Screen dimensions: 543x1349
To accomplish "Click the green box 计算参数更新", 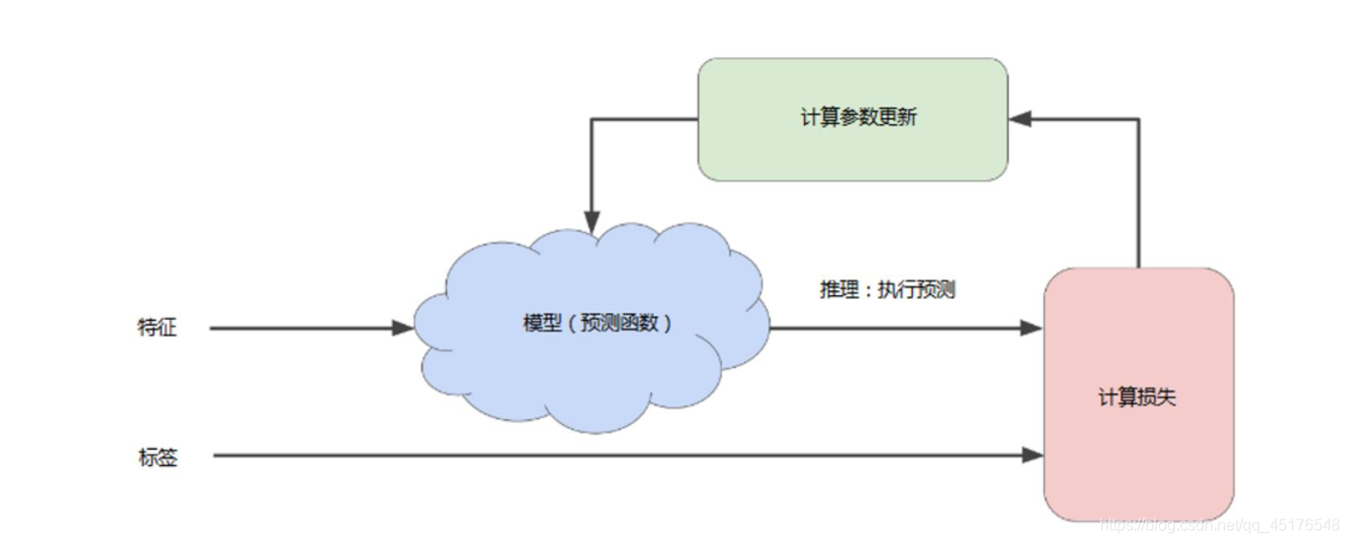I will (x=852, y=148).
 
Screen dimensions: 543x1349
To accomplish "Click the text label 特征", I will (x=157, y=328).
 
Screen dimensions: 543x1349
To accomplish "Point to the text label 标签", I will (x=158, y=456).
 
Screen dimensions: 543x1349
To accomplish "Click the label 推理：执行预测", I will (x=888, y=291).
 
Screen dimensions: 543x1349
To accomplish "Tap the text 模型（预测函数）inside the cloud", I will (x=598, y=323).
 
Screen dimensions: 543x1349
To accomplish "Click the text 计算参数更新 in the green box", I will (x=859, y=117).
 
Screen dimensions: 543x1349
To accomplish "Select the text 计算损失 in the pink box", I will (x=1137, y=398).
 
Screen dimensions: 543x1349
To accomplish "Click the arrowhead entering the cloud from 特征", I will (x=403, y=328).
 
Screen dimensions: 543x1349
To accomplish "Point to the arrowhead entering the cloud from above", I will (x=591, y=224).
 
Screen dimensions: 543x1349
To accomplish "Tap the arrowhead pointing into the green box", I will (x=1020, y=119).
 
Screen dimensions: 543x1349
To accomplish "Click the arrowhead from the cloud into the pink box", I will (x=1032, y=328).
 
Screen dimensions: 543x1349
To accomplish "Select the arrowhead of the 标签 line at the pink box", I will (x=1032, y=455).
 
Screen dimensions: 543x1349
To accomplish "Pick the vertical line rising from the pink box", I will (x=1138, y=197).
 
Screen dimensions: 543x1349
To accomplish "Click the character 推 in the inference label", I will (x=829, y=291).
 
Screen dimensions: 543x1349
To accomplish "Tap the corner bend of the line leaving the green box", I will (x=591, y=120).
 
